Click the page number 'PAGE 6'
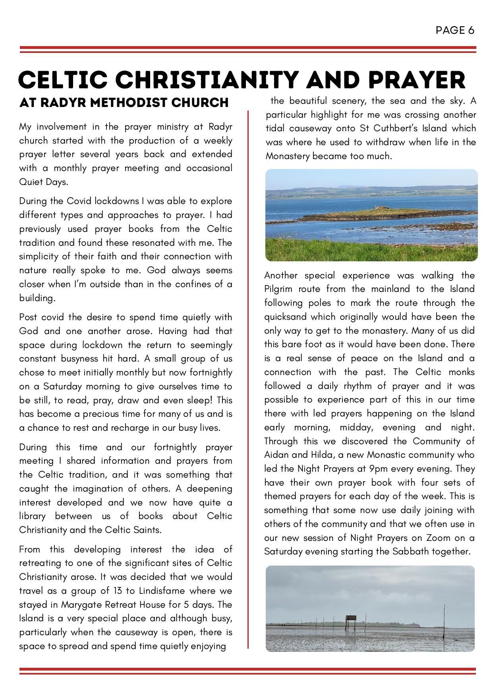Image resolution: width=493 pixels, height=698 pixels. pyautogui.click(x=454, y=30)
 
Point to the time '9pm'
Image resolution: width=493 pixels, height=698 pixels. pyautogui.click(x=378, y=469)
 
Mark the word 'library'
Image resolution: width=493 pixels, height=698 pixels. pyautogui.click(x=32, y=516)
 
